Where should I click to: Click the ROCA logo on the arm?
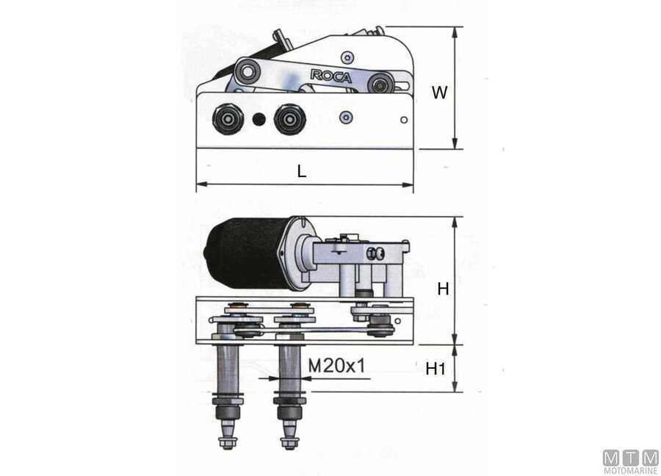coord(331,76)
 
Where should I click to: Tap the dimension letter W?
coord(439,93)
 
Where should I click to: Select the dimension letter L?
coord(301,171)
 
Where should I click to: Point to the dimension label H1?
coord(436,369)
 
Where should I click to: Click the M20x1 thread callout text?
coord(337,366)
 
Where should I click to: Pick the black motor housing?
coord(247,253)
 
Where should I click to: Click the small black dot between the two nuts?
coord(259,119)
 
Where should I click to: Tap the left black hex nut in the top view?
coord(228,119)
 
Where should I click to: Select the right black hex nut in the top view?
coord(289,119)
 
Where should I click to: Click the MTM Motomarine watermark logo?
coord(631,462)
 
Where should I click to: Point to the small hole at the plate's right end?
coord(404,120)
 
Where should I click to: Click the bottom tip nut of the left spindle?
coord(228,443)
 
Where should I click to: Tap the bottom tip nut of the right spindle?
coord(289,443)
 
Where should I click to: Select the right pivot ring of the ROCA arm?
coord(380,84)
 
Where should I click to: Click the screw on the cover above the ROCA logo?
coord(347,57)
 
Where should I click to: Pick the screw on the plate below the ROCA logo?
coord(346,118)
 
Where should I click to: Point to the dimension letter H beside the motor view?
coord(443,289)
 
